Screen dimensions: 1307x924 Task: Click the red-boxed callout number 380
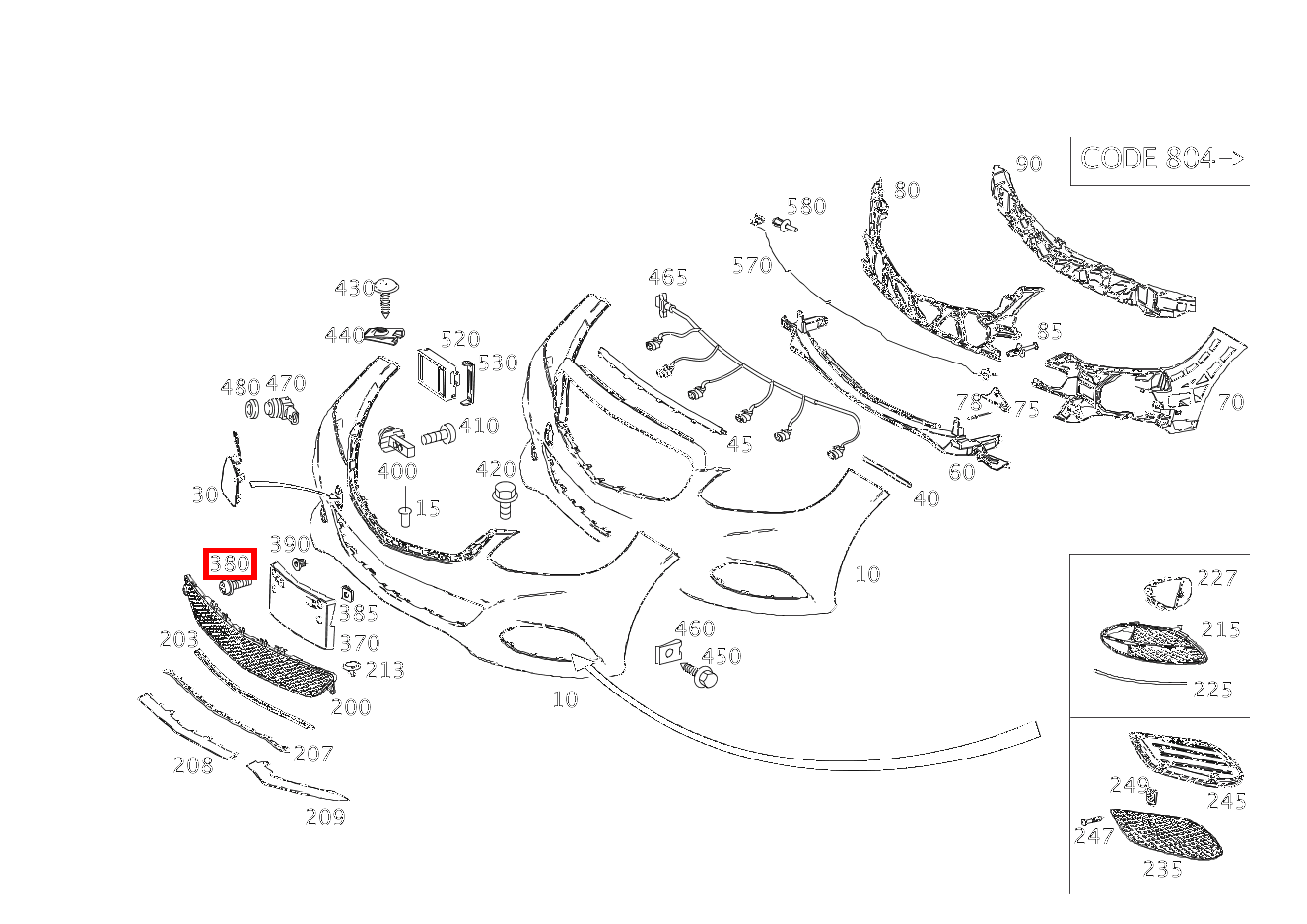(230, 563)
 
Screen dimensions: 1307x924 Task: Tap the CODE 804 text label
(1147, 158)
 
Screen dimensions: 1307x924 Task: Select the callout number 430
(354, 288)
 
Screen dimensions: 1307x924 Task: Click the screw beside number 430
(385, 297)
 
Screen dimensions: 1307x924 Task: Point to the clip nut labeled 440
(385, 335)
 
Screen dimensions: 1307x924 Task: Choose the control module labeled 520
(438, 376)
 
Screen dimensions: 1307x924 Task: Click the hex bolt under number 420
(505, 500)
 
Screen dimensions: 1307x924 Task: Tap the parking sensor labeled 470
(282, 410)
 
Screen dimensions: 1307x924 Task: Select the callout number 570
(752, 266)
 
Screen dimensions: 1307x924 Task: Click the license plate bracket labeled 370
(302, 605)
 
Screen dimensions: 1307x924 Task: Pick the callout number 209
(325, 817)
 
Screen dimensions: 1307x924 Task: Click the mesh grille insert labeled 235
(1165, 833)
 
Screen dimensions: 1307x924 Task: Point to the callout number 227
(1216, 578)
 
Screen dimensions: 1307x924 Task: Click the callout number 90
(1029, 164)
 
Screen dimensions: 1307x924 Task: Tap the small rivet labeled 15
(405, 516)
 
